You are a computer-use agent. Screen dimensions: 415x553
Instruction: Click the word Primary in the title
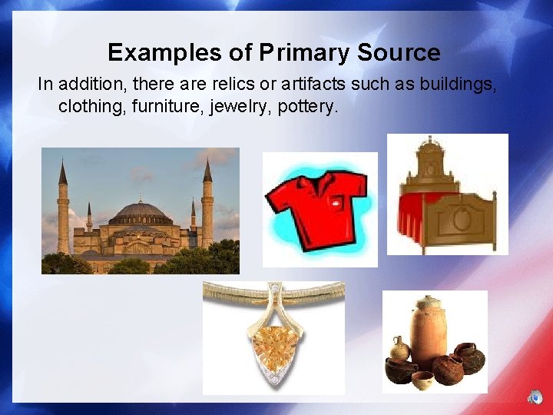tap(304, 52)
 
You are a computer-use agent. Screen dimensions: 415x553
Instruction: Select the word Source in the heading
tap(399, 52)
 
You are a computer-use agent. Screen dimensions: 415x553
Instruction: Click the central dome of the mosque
tap(139, 212)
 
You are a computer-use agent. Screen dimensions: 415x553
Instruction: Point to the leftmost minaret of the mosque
tap(63, 207)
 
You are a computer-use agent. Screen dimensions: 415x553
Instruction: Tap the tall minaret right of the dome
tap(207, 204)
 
